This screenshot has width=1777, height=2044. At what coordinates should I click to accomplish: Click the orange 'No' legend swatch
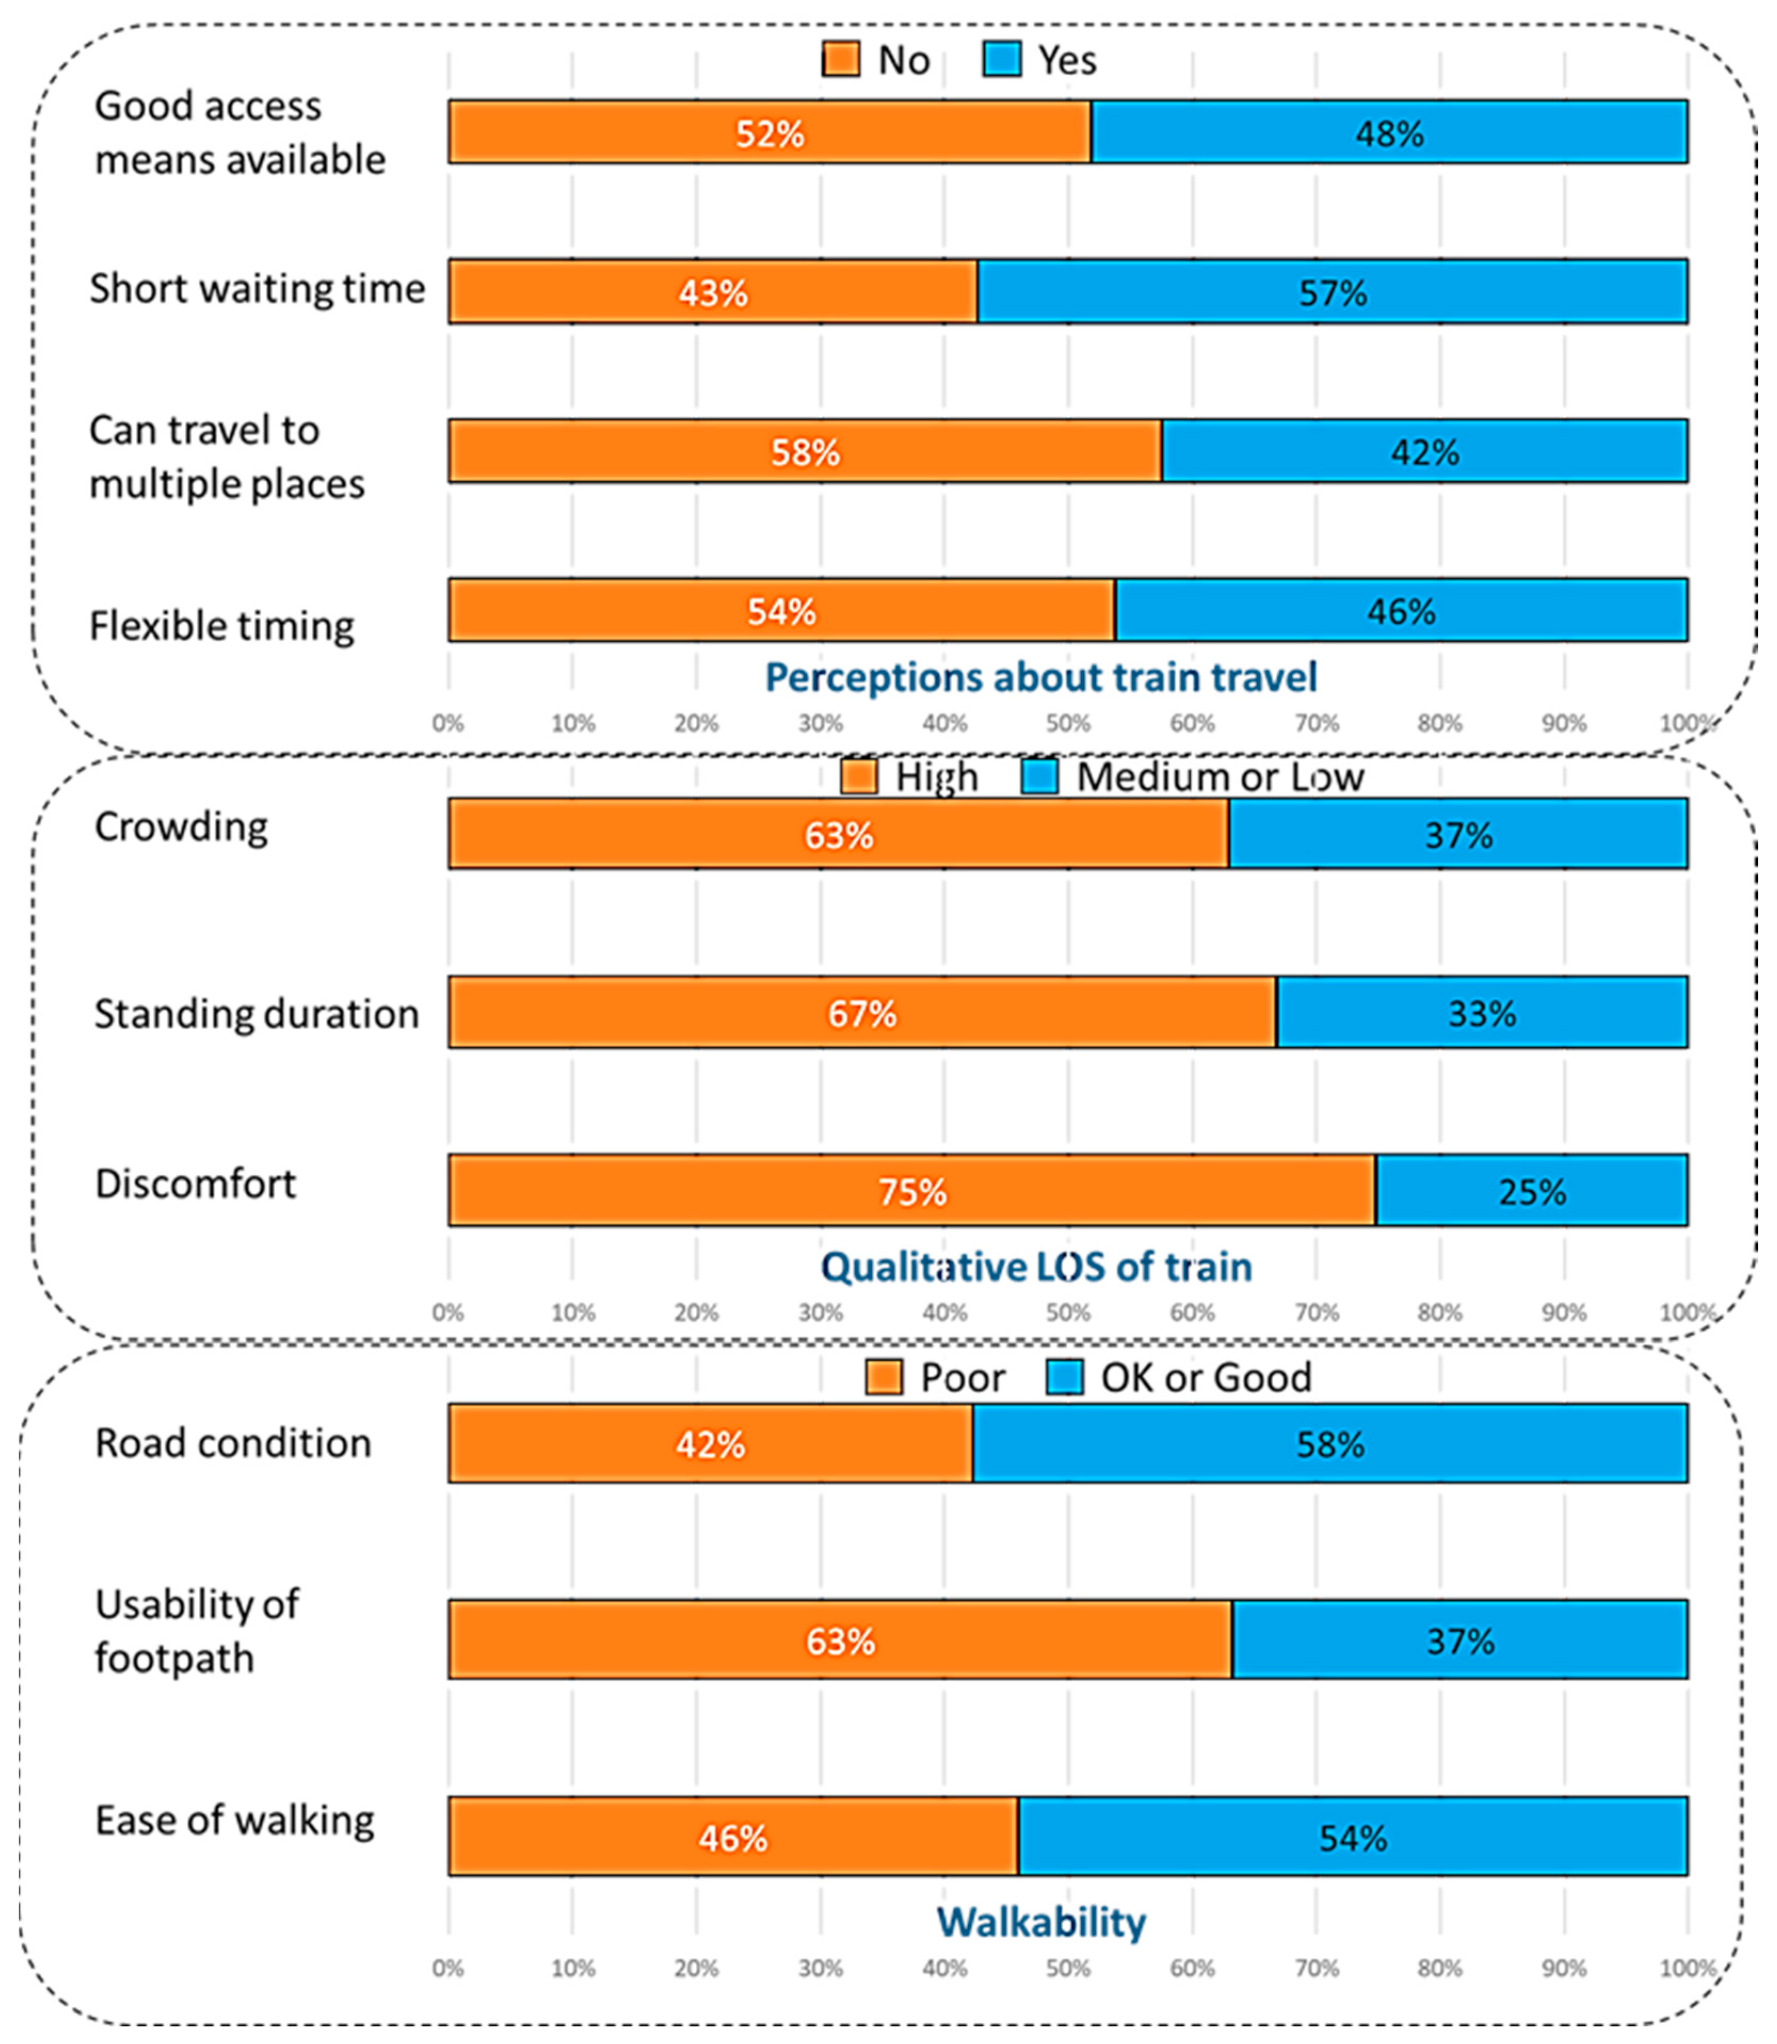click(841, 60)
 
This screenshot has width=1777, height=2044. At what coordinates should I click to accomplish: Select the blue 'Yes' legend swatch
click(1002, 60)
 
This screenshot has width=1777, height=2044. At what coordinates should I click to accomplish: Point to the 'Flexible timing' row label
click(222, 626)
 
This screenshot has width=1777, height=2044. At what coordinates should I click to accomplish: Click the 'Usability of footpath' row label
click(196, 1630)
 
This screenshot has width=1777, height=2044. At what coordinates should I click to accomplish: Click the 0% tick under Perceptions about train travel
click(448, 724)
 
